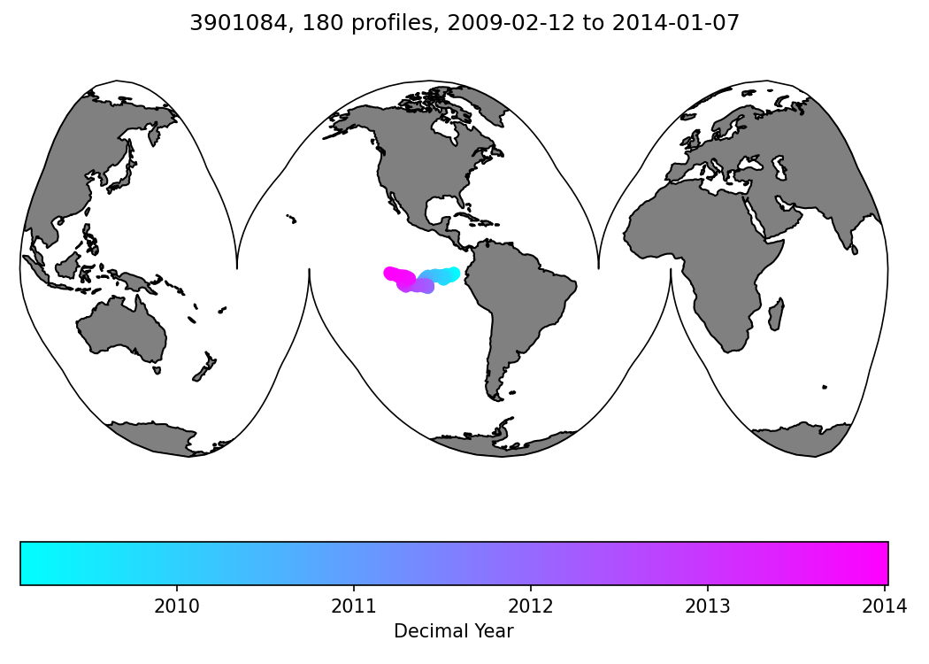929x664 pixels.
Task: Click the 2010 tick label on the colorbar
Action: tap(176, 606)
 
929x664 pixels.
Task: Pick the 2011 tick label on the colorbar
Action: tap(354, 606)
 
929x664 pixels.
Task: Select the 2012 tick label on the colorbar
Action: tap(531, 606)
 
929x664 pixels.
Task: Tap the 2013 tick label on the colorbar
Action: tap(708, 606)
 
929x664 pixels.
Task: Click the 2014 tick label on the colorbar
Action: tap(884, 606)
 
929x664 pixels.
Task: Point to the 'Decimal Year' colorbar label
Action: tap(453, 631)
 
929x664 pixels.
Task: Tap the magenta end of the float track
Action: tap(390, 273)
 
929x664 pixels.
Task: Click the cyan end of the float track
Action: tap(454, 274)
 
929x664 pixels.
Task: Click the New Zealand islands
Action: tap(204, 367)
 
